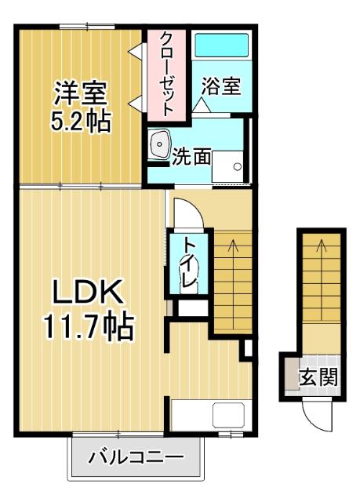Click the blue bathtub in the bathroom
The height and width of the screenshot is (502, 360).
click(x=220, y=49)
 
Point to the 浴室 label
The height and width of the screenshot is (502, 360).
click(x=220, y=86)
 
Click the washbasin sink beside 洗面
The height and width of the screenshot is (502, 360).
click(x=162, y=144)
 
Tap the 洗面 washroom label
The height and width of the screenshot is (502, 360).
click(x=191, y=155)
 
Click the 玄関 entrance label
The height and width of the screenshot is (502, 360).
click(x=321, y=376)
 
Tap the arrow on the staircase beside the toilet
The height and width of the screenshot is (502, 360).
click(x=232, y=248)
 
